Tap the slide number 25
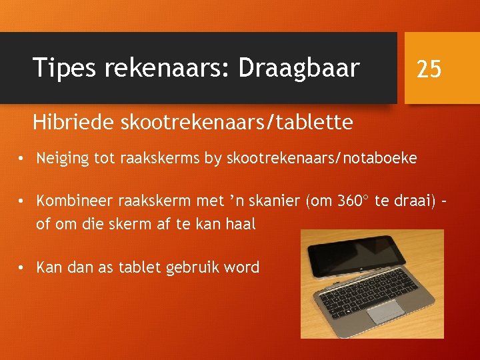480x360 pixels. coord(429,69)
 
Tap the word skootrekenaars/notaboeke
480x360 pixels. coord(322,159)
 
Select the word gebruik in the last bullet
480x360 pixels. coord(193,267)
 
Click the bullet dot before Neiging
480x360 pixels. coord(22,159)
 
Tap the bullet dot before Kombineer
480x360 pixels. coord(22,201)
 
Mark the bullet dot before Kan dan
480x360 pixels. coord(22,268)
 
